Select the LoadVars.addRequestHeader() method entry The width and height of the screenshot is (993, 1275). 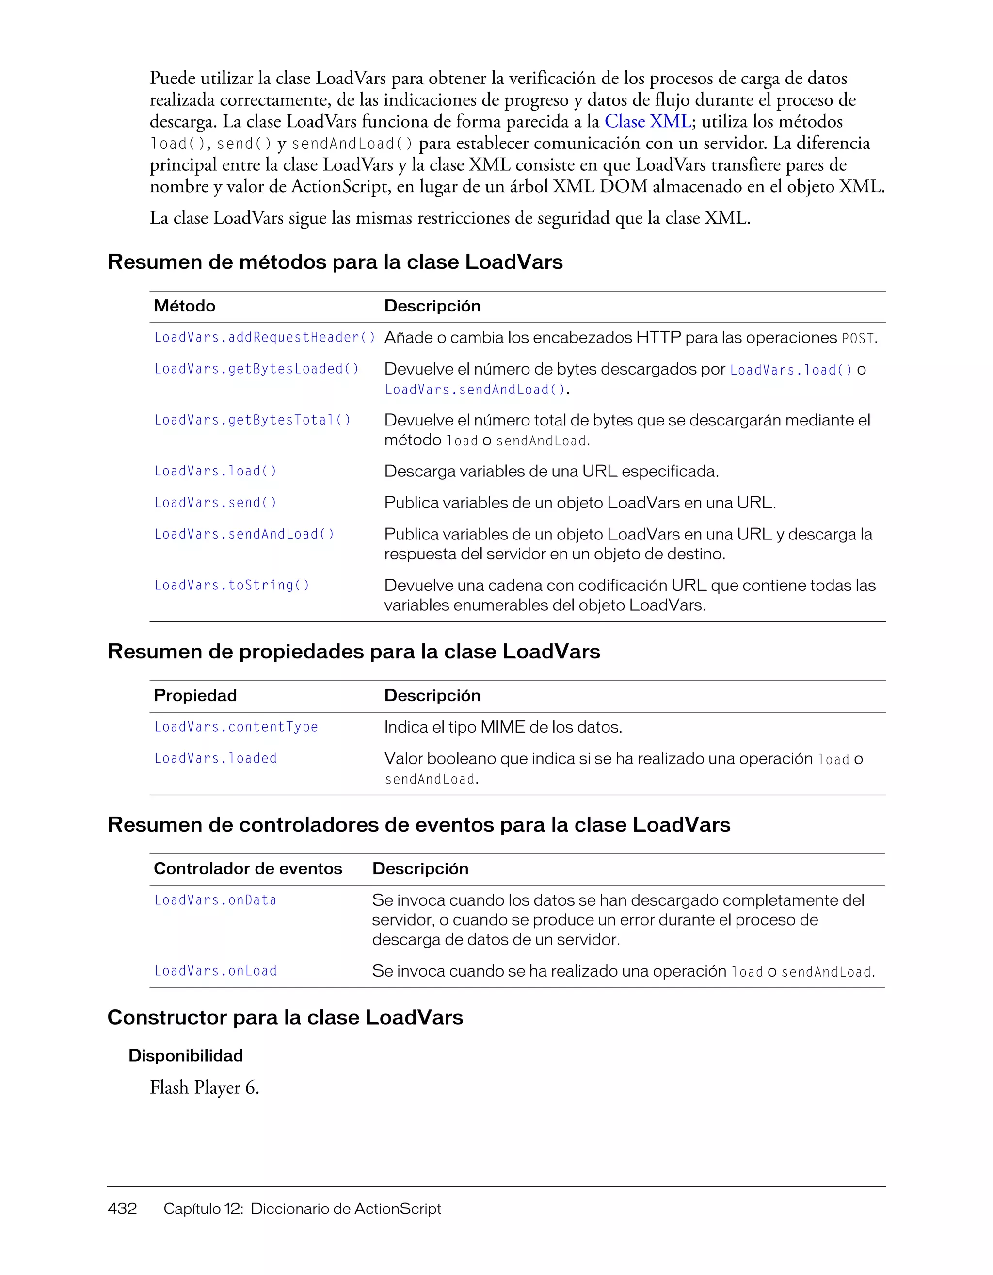265,338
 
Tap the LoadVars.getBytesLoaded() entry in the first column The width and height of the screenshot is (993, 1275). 256,369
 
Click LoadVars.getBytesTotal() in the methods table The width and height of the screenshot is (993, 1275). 253,420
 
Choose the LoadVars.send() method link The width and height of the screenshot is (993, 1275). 215,503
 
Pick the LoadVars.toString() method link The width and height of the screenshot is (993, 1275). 232,585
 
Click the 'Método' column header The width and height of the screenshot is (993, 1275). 184,306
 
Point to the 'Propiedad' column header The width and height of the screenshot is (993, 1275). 195,695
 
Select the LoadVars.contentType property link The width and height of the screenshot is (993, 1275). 236,727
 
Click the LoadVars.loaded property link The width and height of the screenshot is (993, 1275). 215,758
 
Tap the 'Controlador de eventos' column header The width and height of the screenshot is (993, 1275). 247,869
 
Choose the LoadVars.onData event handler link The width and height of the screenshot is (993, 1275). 215,900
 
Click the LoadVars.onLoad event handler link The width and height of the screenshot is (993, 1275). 215,971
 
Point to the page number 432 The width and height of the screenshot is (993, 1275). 122,1209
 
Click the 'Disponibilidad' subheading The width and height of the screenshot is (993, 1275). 186,1056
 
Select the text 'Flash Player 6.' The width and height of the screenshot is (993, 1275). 204,1088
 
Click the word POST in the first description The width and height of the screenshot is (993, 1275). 858,339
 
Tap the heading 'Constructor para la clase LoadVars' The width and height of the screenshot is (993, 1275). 285,1017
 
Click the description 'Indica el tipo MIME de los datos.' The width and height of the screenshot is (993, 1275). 503,727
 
